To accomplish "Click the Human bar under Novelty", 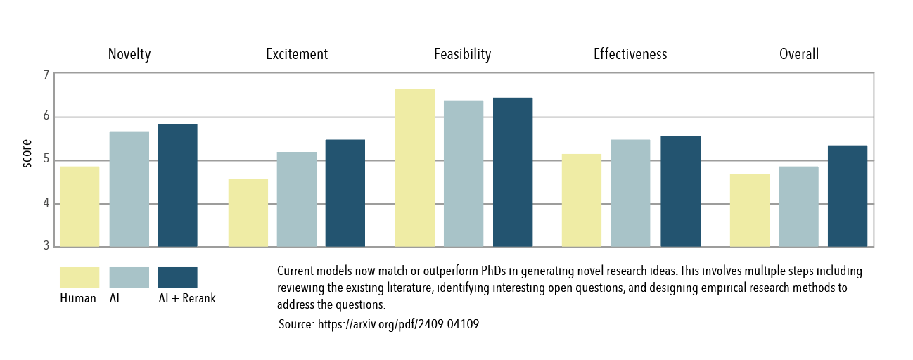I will (79, 207).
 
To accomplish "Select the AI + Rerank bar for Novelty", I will (177, 186).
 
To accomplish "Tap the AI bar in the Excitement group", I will (296, 200).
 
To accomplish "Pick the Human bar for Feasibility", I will (414, 168).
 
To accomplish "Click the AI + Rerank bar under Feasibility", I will (512, 172).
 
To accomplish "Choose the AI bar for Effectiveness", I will (630, 193).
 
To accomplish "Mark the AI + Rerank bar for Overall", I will (847, 196).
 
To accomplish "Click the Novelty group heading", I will (129, 54).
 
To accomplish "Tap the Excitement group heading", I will (297, 54).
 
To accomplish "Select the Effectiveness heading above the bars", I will (630, 54).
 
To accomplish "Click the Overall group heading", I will (799, 54).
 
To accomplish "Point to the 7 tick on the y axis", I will (46, 75).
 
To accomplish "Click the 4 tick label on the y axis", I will (46, 204).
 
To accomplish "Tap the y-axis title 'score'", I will (27, 154).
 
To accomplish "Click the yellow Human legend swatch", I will (79, 277).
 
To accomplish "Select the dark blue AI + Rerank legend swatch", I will (177, 277).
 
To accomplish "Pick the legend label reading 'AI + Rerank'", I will (187, 298).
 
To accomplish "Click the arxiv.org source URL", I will (399, 324).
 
